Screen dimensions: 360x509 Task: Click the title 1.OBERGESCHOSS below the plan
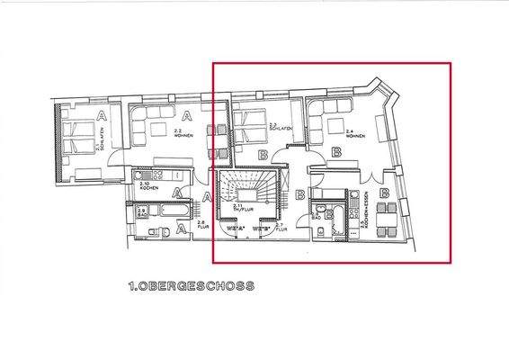point(190,286)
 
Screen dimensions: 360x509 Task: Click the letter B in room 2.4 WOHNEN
point(336,153)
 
